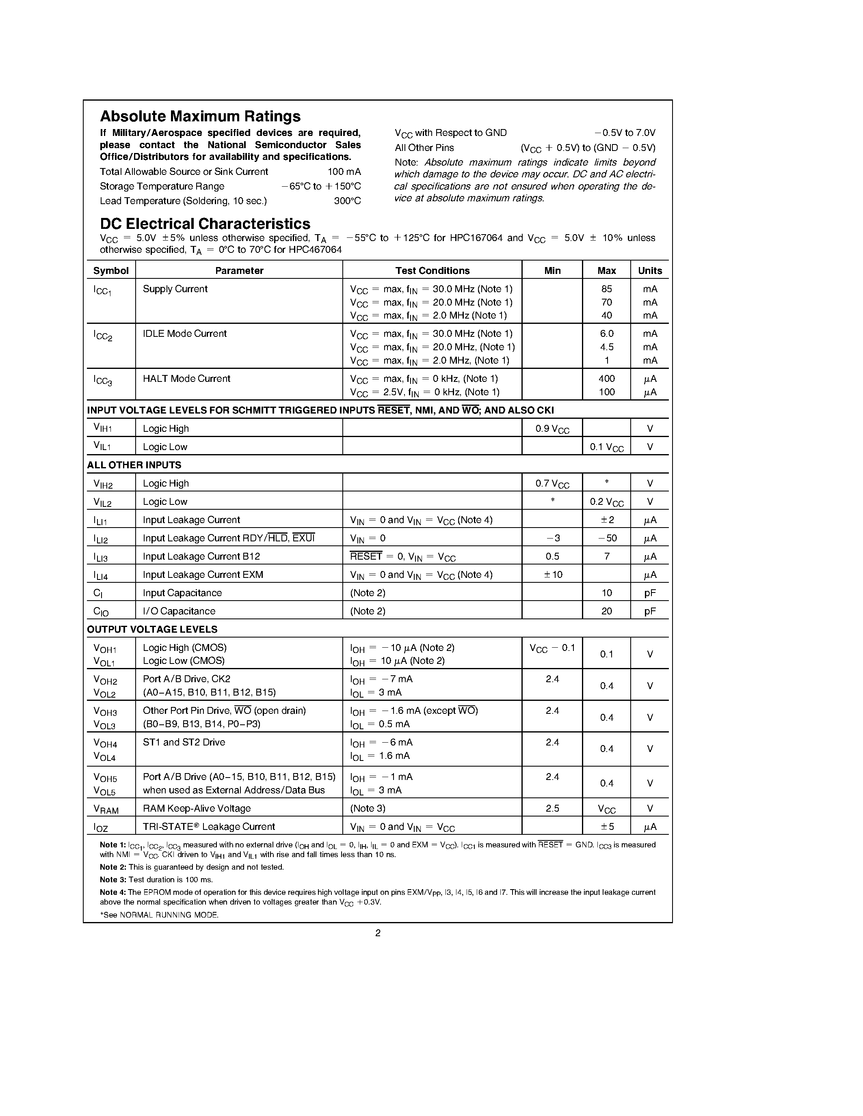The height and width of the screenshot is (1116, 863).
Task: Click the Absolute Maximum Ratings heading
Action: [x=200, y=116]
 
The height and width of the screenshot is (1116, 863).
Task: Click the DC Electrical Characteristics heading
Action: [x=205, y=224]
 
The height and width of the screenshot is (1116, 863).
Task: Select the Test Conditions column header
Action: [x=432, y=271]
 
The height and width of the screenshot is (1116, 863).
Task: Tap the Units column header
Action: [x=650, y=271]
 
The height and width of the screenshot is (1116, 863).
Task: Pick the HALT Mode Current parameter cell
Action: [x=186, y=379]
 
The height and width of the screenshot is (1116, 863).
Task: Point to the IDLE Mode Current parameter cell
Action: [x=184, y=334]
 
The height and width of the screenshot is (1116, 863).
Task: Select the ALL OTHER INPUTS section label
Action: [x=134, y=465]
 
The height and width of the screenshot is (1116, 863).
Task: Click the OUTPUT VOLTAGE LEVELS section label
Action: [x=152, y=629]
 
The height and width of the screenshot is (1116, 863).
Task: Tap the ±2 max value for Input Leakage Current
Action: [x=607, y=520]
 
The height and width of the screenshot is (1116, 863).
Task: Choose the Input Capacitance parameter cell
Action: [x=182, y=593]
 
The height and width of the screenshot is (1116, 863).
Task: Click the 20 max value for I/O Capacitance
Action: [x=606, y=611]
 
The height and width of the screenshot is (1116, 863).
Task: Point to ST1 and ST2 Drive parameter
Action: [x=184, y=743]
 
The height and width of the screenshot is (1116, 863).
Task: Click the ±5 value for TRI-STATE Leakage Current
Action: [x=607, y=827]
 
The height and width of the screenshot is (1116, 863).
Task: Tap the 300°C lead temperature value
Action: [x=347, y=201]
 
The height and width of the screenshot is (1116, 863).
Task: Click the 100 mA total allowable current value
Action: [x=344, y=172]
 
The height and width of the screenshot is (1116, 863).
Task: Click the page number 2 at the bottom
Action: [x=378, y=933]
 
